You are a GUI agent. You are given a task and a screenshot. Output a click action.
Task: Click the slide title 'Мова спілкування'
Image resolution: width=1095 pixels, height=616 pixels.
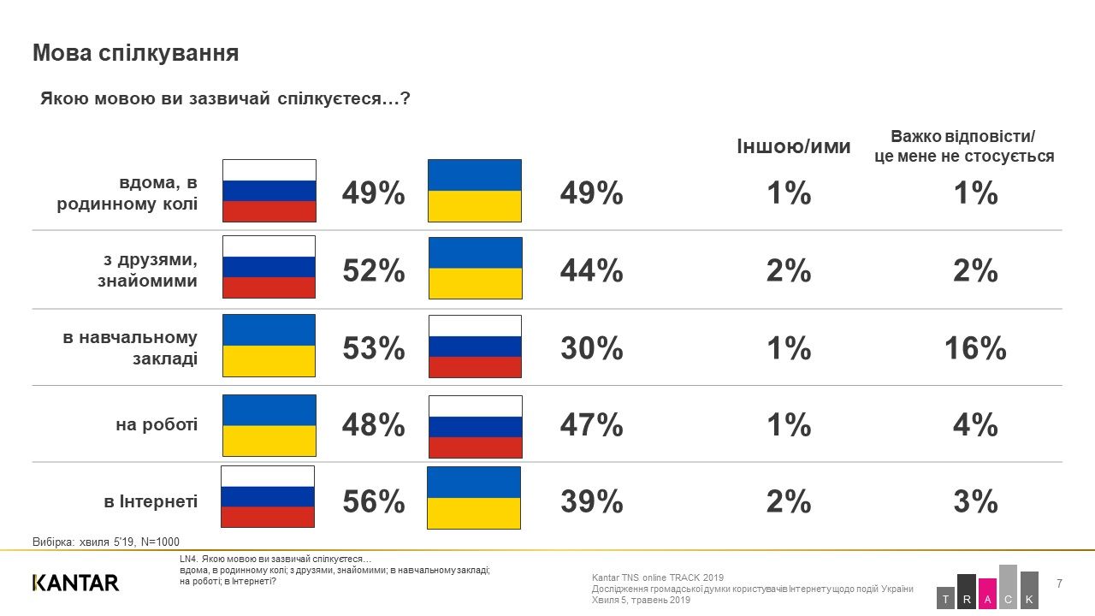[x=135, y=54]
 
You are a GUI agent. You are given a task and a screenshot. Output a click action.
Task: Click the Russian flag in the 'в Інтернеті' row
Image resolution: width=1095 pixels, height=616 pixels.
[x=268, y=497]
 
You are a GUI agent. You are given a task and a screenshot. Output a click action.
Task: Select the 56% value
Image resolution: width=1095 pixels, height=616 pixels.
[x=374, y=502]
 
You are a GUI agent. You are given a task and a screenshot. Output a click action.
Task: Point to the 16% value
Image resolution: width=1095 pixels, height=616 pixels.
[x=975, y=348]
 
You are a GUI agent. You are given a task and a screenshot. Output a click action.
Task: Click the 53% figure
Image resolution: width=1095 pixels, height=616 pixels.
[x=374, y=348]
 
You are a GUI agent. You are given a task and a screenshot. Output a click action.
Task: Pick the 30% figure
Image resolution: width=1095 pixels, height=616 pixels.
[x=591, y=348]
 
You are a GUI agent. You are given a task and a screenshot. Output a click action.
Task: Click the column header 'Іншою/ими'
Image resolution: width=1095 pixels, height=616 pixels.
[x=794, y=146]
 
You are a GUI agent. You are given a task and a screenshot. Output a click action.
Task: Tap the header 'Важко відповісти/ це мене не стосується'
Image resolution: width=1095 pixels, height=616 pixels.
[x=963, y=146]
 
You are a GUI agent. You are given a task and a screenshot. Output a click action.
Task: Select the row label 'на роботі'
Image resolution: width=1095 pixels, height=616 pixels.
[x=157, y=424]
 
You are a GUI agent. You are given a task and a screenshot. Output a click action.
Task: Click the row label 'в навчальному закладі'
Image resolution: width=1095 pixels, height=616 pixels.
[x=130, y=348]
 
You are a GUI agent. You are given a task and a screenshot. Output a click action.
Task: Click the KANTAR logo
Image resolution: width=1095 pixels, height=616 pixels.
[x=75, y=583]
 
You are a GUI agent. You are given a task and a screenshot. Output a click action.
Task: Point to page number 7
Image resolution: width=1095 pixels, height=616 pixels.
[x=1060, y=583]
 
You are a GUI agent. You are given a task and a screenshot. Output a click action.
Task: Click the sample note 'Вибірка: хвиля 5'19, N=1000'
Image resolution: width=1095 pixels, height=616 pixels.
[x=106, y=542]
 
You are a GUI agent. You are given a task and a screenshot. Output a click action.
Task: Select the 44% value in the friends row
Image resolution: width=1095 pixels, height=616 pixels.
[x=591, y=271]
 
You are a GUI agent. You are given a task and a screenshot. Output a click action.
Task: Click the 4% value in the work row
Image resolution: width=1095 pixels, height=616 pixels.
[x=975, y=425]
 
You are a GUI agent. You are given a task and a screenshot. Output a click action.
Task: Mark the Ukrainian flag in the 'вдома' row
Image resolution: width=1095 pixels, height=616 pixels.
[x=474, y=190]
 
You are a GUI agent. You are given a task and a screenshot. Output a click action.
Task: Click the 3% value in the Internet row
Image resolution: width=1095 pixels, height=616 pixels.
[x=975, y=502]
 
